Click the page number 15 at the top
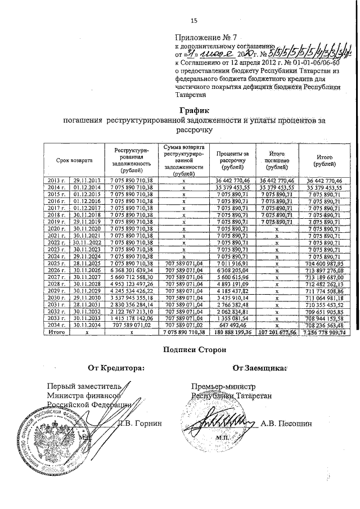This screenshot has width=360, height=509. coord(194,21)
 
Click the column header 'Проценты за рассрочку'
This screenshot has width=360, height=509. coord(232,160)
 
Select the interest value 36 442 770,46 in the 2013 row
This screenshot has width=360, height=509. coord(232,179)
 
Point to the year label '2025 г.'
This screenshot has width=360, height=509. coord(56,263)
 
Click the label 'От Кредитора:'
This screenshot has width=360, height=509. coord(115,368)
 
